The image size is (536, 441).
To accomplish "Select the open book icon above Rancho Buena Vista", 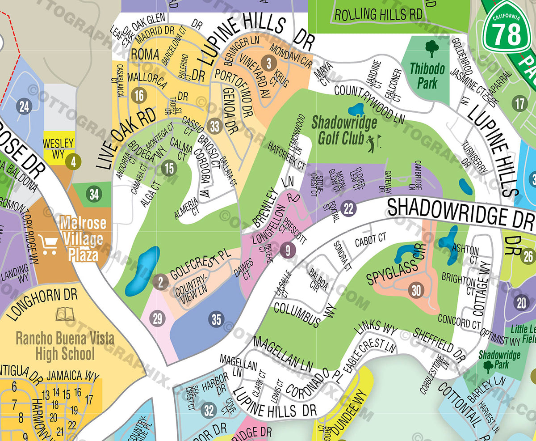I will coord(65,314).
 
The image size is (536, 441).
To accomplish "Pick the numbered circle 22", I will coord(349,208).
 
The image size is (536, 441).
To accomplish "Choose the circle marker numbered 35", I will coord(217,319).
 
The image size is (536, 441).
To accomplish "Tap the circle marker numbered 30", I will coord(416,290).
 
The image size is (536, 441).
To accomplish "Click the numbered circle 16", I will coord(139,95).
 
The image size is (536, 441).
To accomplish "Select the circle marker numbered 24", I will coord(24,106).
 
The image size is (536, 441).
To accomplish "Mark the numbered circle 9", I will coord(287,250).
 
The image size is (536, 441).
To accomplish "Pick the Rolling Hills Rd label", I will coord(378,14).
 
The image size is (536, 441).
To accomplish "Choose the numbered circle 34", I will coord(94,195).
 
